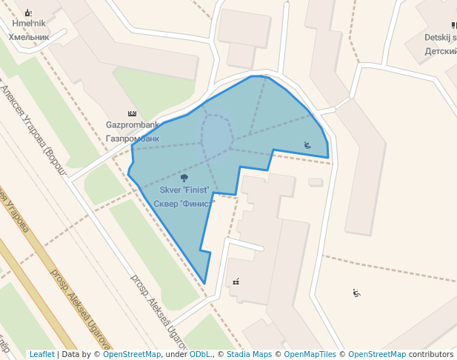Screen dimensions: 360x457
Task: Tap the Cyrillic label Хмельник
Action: click(28, 36)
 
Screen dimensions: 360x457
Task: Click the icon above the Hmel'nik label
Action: click(28, 13)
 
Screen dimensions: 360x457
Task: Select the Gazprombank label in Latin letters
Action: click(133, 125)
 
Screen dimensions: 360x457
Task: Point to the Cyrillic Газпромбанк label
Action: click(133, 138)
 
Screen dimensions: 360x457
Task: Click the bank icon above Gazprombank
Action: click(133, 113)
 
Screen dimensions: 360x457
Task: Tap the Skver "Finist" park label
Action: click(184, 190)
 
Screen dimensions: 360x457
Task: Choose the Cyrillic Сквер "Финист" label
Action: click(184, 203)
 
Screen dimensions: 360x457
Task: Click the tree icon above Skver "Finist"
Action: click(184, 178)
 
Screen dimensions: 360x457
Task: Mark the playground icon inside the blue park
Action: click(307, 144)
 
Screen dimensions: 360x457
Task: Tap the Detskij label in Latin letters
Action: click(439, 37)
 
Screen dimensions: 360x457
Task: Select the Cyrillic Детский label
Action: click(441, 51)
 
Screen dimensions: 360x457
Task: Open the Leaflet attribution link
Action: click(41, 355)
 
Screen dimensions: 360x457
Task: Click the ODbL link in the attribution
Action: click(200, 355)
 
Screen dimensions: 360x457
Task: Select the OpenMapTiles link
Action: click(311, 355)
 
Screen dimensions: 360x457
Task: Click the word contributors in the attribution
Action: click(430, 355)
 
